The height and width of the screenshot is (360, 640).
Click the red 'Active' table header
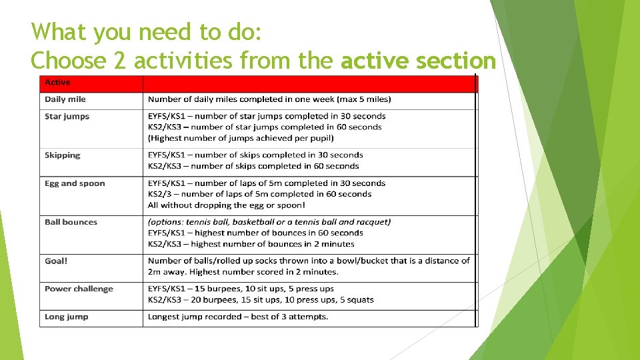click(57, 83)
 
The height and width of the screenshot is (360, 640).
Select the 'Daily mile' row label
click(65, 99)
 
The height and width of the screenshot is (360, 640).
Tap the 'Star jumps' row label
click(67, 117)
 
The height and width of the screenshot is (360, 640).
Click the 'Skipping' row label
click(62, 155)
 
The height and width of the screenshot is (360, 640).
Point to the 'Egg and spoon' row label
click(75, 183)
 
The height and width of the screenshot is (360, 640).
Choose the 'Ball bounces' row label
click(71, 222)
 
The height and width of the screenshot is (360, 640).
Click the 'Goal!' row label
click(56, 261)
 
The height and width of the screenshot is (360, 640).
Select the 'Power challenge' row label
click(79, 289)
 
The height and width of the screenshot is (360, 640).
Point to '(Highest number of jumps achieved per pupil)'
click(241, 138)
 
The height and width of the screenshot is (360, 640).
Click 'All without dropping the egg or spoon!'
click(227, 205)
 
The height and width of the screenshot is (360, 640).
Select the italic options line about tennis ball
click(269, 222)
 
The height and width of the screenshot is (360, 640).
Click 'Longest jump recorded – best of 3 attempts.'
click(238, 317)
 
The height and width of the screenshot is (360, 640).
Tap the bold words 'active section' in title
click(418, 61)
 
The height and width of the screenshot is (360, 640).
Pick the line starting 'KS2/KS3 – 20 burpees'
click(261, 300)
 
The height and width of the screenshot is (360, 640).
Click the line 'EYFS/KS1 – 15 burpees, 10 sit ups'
click(241, 289)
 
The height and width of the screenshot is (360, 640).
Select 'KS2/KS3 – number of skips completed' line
click(253, 166)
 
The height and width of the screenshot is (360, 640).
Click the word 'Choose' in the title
click(69, 61)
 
